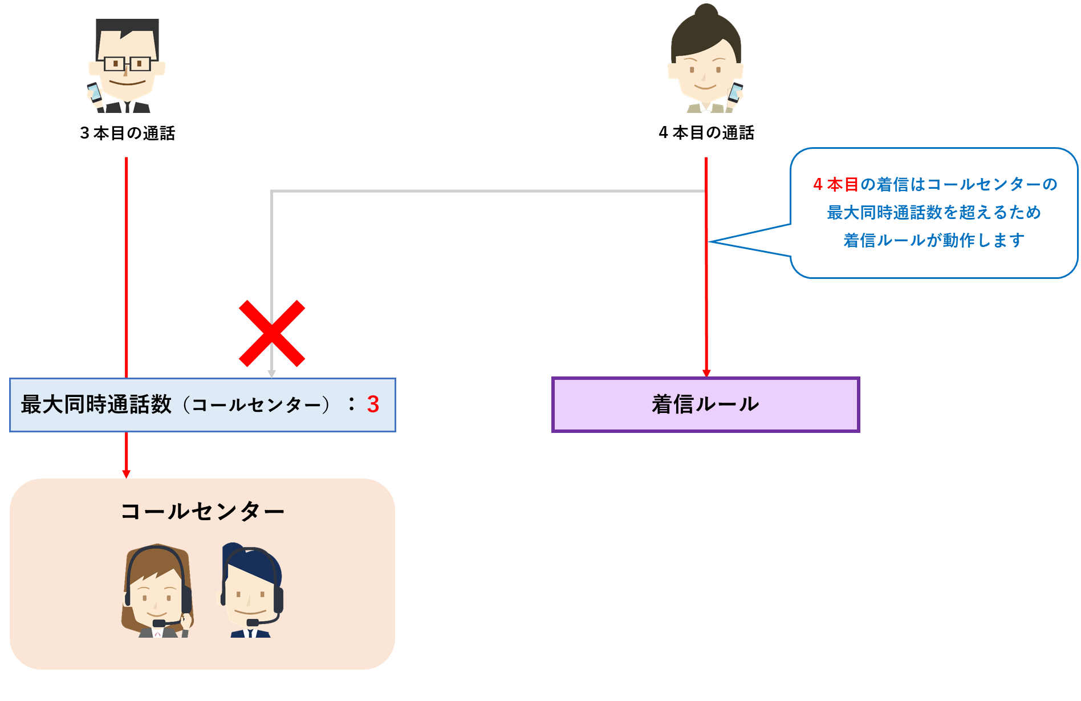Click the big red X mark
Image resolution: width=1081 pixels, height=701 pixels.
click(272, 333)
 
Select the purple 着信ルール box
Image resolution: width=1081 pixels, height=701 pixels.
click(705, 404)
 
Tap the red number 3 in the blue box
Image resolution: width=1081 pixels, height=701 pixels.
click(373, 404)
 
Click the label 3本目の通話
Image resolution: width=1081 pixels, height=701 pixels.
click(128, 133)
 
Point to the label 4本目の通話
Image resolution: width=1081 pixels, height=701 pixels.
click(706, 133)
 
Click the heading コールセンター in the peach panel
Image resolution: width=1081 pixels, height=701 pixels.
click(202, 511)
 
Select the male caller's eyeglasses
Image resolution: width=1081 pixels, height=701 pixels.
click(127, 63)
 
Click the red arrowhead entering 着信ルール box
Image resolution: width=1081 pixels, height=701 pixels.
click(706, 373)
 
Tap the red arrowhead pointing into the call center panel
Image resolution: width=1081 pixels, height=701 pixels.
click(127, 474)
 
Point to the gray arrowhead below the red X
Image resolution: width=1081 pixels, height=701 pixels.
click(272, 374)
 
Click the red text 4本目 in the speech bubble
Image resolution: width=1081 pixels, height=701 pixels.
click(835, 185)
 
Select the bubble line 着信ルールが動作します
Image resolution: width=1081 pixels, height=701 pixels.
click(934, 241)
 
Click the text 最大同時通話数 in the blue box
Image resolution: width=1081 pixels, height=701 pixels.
click(96, 404)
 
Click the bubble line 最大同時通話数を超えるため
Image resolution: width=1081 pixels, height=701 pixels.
click(934, 213)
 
